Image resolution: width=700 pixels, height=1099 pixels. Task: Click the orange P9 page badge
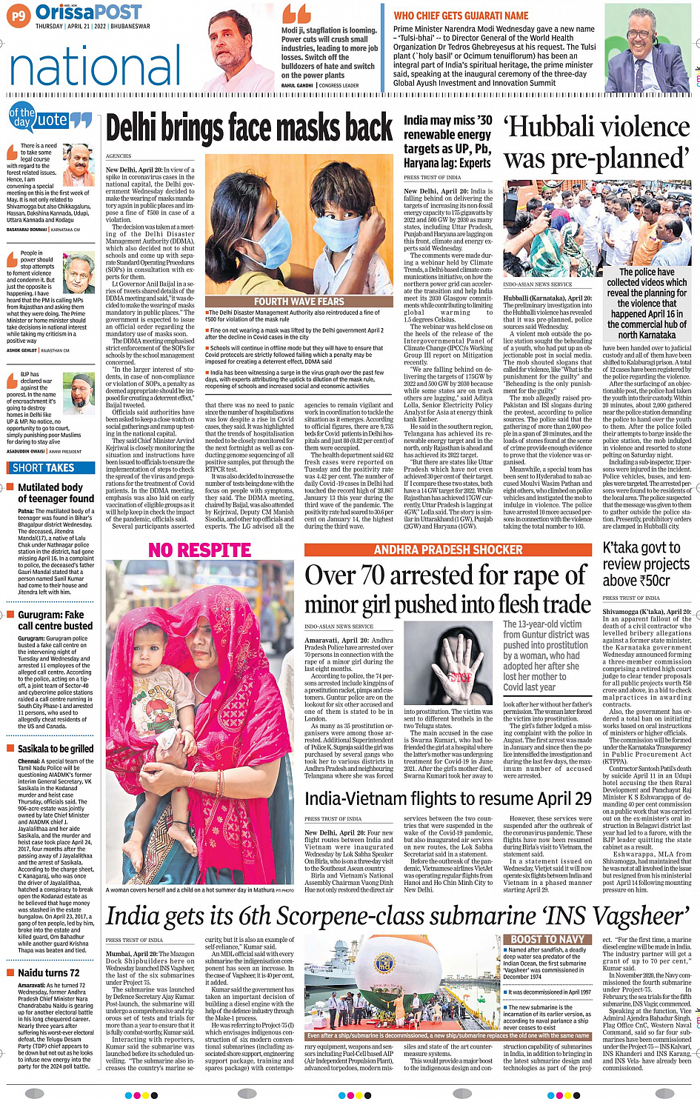click(19, 16)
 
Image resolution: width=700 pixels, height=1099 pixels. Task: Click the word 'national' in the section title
click(95, 65)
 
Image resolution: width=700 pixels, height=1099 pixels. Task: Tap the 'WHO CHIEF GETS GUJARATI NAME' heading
click(461, 16)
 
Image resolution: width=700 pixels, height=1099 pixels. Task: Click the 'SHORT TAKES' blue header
click(44, 467)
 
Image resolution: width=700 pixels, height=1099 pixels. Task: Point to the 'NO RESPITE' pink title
click(199, 550)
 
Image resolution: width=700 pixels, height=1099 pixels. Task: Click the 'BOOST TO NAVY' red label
click(548, 939)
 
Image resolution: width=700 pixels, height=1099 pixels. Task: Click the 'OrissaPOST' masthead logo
click(88, 13)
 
